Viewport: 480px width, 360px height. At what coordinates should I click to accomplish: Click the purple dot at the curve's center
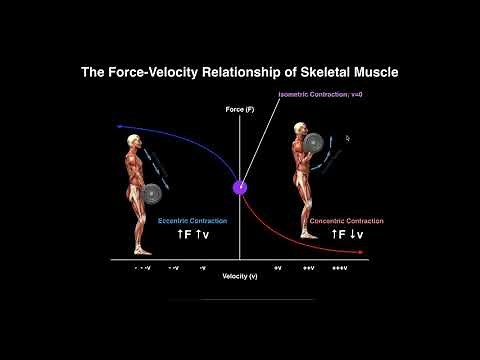click(x=240, y=187)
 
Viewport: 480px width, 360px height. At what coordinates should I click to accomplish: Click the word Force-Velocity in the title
click(x=175, y=73)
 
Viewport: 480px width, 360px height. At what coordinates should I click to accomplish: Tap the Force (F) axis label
click(x=239, y=107)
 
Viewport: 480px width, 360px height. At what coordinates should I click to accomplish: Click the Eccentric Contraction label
click(x=194, y=220)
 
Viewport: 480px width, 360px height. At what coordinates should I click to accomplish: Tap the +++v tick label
click(x=340, y=269)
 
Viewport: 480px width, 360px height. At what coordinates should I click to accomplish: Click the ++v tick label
click(x=307, y=269)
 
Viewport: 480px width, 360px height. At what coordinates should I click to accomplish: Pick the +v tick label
click(x=277, y=269)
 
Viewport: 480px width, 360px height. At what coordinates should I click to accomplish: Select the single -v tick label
click(x=202, y=269)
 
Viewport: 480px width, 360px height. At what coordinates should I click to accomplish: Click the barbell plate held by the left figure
click(x=151, y=193)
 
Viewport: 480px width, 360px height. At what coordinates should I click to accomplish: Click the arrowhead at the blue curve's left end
click(x=119, y=127)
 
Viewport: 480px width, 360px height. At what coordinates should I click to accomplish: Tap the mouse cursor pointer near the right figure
click(x=347, y=139)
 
